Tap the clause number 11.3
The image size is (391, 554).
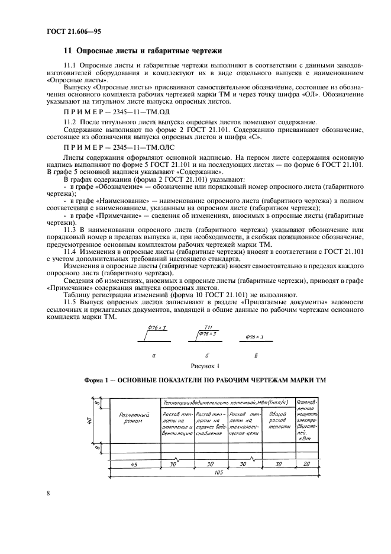point(70,230)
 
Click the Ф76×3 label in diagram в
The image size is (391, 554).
point(254,337)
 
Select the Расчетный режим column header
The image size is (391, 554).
point(134,418)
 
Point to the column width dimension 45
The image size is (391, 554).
point(134,465)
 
